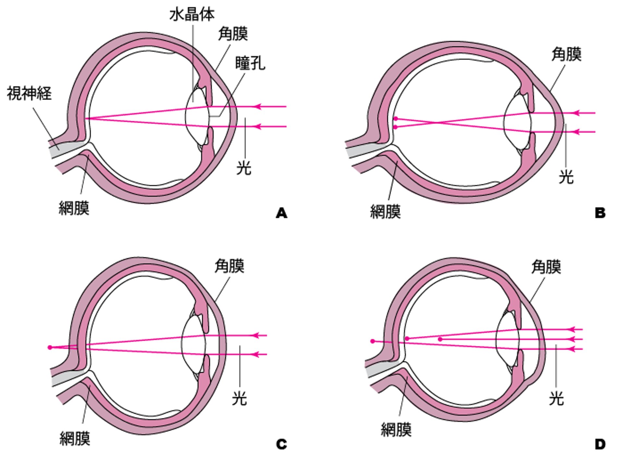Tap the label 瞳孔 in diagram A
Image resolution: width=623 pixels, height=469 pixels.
click(x=250, y=63)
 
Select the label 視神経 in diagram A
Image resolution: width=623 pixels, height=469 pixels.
click(x=29, y=93)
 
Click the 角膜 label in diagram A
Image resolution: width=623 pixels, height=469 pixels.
click(x=233, y=34)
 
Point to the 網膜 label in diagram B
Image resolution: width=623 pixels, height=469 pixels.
click(x=385, y=212)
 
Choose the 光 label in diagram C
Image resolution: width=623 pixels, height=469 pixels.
click(x=239, y=398)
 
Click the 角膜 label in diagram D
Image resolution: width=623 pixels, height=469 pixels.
click(x=546, y=267)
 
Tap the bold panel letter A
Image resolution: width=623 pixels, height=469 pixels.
click(x=281, y=213)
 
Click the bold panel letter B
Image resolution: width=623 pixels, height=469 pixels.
click(x=600, y=213)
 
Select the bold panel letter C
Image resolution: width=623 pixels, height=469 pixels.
click(x=281, y=444)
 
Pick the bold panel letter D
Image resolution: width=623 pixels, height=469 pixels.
click(x=600, y=444)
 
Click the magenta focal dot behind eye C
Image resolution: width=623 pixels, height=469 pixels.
click(x=50, y=347)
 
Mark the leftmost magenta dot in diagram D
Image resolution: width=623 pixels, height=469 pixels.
click(x=373, y=341)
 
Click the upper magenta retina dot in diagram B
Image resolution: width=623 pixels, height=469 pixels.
click(x=396, y=119)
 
